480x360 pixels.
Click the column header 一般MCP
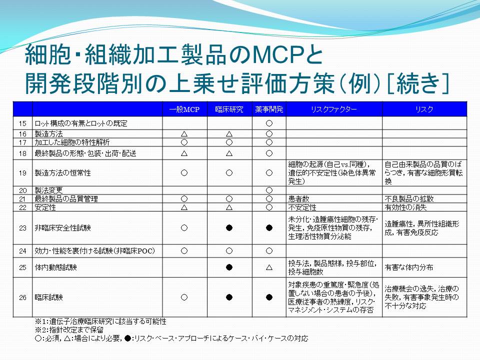coord(184,109)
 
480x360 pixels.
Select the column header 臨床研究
coord(229,109)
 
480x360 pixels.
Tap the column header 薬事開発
coord(269,109)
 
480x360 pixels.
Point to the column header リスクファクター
coord(334,109)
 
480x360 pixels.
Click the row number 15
coord(22,123)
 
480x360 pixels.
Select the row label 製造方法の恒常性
coord(63,173)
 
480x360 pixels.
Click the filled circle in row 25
coord(229,267)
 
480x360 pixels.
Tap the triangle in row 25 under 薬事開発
coord(269,267)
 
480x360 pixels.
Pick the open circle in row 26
coord(184,297)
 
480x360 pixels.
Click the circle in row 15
coord(269,123)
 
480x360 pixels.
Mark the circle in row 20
coord(269,190)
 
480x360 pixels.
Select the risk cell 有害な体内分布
coord(409,267)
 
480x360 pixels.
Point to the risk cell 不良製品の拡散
coord(409,198)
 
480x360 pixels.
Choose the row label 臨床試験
coord(48,297)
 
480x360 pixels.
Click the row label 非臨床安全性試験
coord(63,228)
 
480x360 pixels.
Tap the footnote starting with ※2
coord(69,330)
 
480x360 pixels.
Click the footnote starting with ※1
coord(100,321)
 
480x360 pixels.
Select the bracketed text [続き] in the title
coord(418,83)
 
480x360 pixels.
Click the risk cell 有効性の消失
coord(405,207)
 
